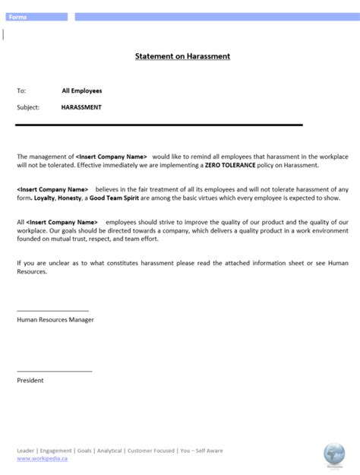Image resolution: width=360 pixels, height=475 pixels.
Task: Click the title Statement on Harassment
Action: [182, 56]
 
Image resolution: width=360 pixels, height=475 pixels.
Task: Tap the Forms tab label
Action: [17, 17]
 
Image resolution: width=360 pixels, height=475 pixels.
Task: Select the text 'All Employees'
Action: [82, 90]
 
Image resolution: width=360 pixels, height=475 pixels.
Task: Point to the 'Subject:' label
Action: [28, 107]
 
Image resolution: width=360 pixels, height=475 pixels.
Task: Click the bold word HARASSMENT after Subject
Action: [81, 107]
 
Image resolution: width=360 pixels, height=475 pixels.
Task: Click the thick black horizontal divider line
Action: [159, 125]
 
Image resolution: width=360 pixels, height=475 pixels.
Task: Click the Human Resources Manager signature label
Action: [55, 320]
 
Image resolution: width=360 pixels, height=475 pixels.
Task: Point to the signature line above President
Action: [54, 371]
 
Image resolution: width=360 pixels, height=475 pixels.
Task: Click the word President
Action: [30, 380]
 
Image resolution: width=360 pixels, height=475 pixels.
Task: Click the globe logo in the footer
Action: [334, 454]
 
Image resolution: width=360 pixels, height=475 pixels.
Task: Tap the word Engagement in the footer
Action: [56, 451]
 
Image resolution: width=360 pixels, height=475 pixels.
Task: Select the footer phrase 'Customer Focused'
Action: [150, 451]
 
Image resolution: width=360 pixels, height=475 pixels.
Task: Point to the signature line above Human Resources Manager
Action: [52, 311]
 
